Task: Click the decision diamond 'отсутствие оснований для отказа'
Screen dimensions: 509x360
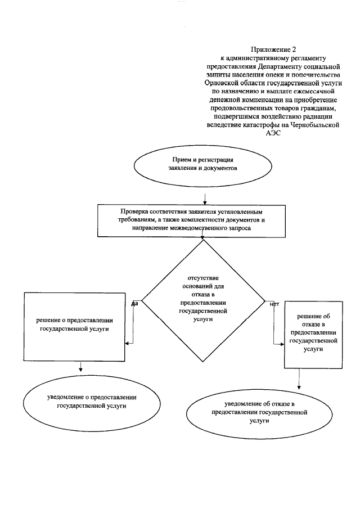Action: tap(202, 298)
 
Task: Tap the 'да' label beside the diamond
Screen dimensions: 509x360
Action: tap(134, 304)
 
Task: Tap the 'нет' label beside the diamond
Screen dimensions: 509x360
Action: tap(274, 304)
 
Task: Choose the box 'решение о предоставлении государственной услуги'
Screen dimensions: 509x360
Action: tap(75, 326)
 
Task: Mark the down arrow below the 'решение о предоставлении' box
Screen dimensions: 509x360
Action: tap(81, 369)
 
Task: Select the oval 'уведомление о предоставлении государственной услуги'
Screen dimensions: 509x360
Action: tap(91, 401)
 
